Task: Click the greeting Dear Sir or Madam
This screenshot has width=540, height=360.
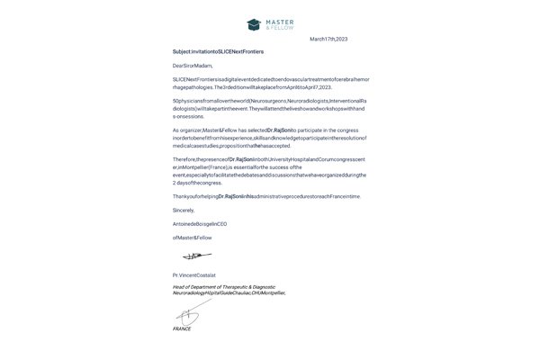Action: (x=195, y=67)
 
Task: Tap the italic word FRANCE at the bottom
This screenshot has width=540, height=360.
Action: (x=182, y=328)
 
